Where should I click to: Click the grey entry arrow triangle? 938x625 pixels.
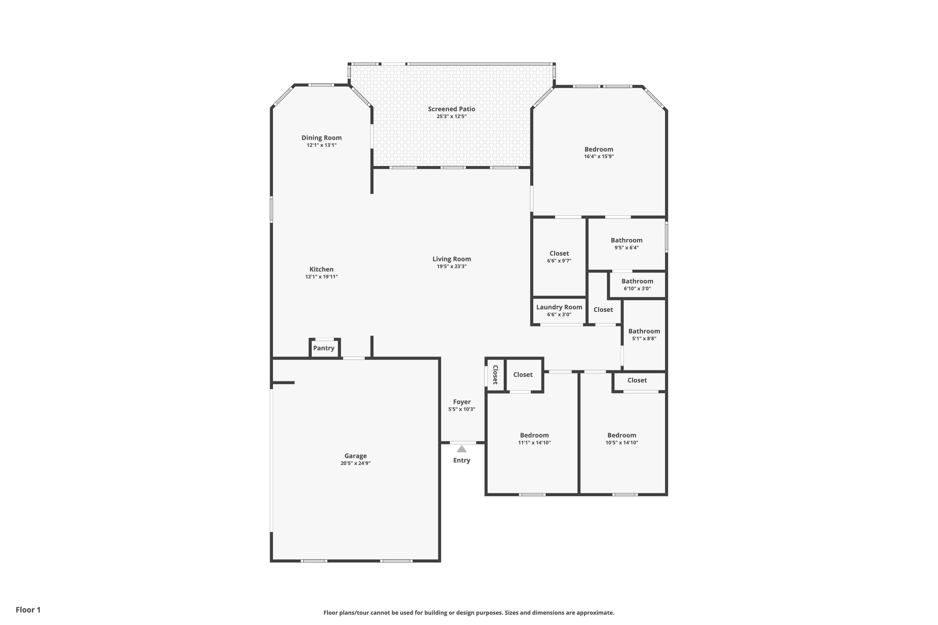click(x=461, y=449)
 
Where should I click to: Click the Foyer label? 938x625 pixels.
click(x=461, y=402)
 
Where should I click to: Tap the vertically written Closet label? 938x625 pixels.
click(x=495, y=375)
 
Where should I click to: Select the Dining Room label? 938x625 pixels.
click(x=321, y=138)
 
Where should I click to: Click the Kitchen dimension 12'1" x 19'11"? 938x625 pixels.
click(x=321, y=277)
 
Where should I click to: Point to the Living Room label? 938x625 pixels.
click(x=451, y=259)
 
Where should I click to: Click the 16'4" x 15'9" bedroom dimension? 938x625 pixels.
click(x=599, y=157)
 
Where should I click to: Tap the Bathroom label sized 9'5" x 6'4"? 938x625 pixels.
click(x=627, y=240)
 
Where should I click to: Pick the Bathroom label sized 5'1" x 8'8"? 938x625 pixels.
click(x=644, y=331)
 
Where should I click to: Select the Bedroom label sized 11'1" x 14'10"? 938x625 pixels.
click(x=534, y=435)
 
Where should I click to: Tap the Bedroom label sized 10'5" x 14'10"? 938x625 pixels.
click(x=622, y=435)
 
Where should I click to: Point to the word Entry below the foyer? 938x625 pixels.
click(x=461, y=460)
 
